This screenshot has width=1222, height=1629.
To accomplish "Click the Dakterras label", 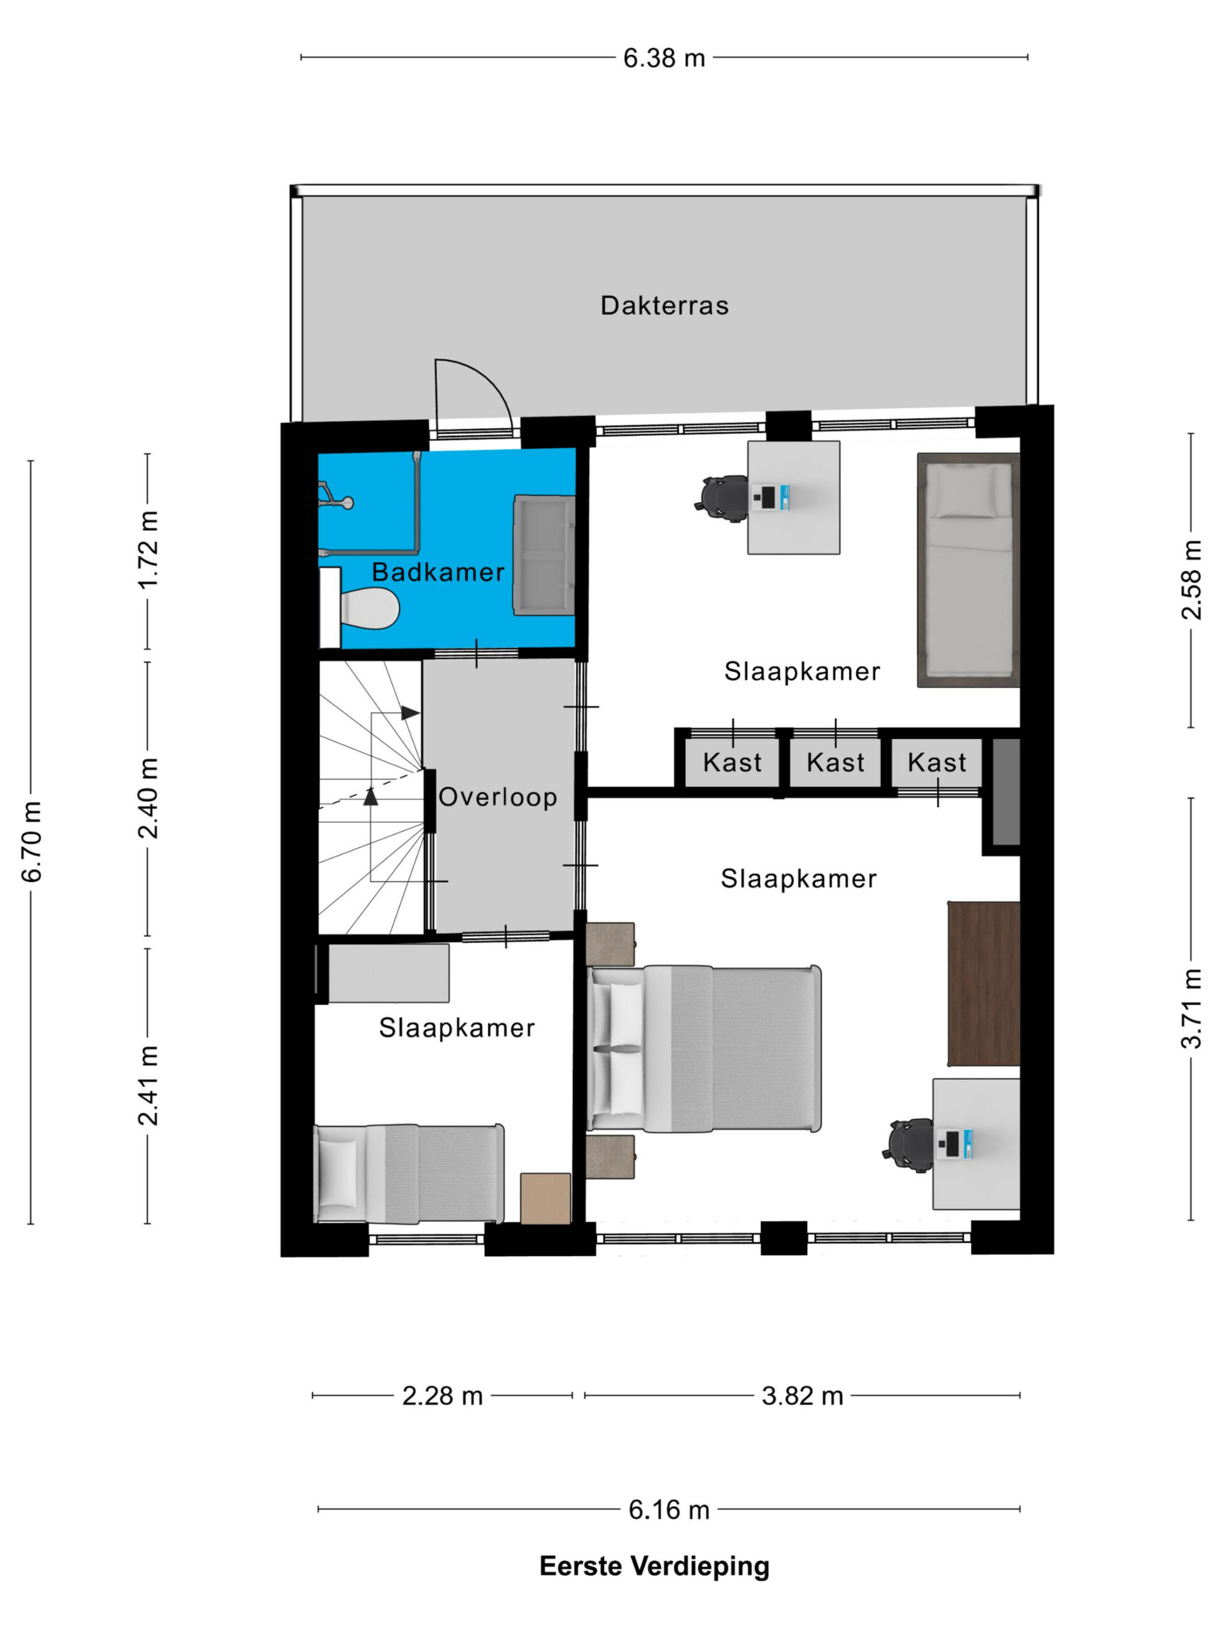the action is pyautogui.click(x=664, y=305).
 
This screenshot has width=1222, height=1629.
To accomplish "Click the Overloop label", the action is pyautogui.click(x=497, y=797).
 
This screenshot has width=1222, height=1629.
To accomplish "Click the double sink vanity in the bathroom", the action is pyautogui.click(x=544, y=554).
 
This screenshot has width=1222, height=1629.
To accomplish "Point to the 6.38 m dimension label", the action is pyautogui.click(x=664, y=58).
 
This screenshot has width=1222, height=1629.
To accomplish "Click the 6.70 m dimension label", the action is pyautogui.click(x=32, y=841).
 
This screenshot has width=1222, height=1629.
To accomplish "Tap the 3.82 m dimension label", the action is pyautogui.click(x=802, y=1395).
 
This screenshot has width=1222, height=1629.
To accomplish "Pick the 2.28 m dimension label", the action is pyautogui.click(x=442, y=1395).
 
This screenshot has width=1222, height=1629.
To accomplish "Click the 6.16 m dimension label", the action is pyautogui.click(x=669, y=1511).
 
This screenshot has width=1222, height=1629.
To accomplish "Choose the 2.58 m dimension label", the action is pyautogui.click(x=1192, y=580).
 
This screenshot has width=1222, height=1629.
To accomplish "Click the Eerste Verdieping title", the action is pyautogui.click(x=654, y=1567).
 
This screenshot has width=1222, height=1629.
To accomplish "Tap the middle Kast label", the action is pyautogui.click(x=834, y=762).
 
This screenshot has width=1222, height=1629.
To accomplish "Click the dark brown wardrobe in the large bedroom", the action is pyautogui.click(x=983, y=983).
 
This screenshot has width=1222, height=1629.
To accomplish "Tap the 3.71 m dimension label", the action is pyautogui.click(x=1192, y=1008).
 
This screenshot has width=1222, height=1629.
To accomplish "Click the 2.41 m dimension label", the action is pyautogui.click(x=148, y=1086).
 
